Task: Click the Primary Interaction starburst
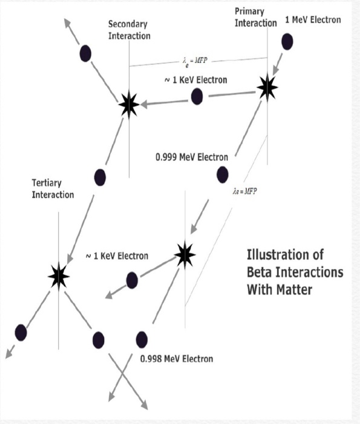(267, 87)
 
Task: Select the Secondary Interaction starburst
(129, 105)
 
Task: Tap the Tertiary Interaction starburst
(59, 276)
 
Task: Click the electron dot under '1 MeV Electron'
(287, 42)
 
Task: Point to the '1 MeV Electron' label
(313, 20)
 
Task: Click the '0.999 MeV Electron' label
(192, 157)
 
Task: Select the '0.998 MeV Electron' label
(177, 359)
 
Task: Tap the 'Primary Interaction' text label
(255, 18)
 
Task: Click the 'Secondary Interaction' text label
(129, 30)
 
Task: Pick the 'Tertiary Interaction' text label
(53, 189)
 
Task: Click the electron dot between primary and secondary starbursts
(197, 96)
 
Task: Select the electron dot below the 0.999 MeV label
(222, 174)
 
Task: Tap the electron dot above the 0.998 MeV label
(142, 340)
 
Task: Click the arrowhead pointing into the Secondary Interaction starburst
(144, 104)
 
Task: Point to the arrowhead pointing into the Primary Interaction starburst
(275, 71)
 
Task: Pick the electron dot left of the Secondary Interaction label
(85, 53)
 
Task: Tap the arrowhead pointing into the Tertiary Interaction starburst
(70, 259)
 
